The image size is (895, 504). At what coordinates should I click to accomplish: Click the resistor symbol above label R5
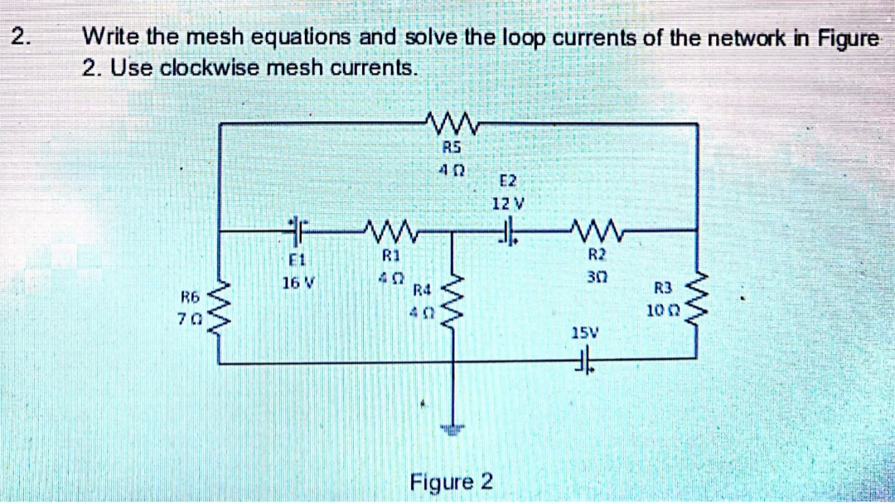[x=452, y=125]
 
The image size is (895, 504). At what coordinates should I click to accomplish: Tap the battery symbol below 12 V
[x=506, y=229]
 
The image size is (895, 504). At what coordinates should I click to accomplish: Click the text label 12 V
[x=504, y=202]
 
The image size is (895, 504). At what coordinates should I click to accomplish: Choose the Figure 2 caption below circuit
[x=452, y=482]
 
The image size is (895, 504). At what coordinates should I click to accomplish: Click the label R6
[x=191, y=296]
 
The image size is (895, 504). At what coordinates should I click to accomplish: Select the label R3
[x=662, y=289]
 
